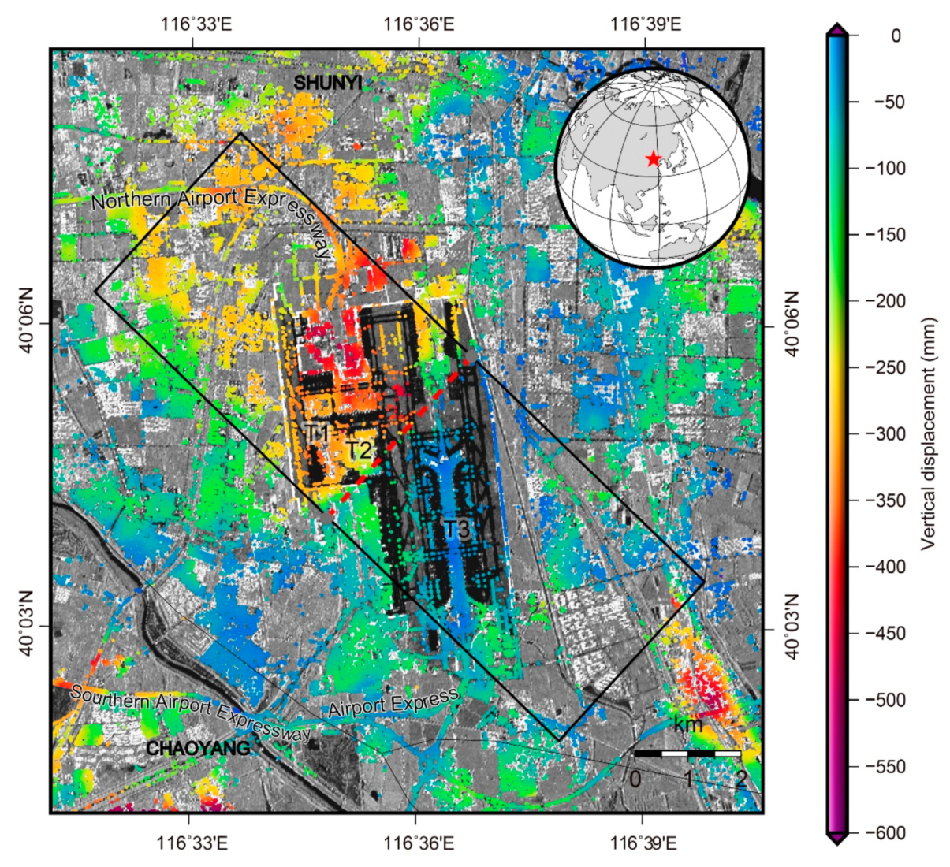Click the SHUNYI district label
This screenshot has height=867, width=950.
click(x=327, y=82)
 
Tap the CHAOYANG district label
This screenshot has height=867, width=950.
click(x=198, y=748)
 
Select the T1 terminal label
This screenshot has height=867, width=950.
click(x=317, y=433)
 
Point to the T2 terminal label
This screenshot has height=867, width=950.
click(x=359, y=450)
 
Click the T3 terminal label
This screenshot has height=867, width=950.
click(x=456, y=529)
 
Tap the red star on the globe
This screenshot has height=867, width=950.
click(x=653, y=159)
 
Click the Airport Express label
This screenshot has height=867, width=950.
click(x=393, y=702)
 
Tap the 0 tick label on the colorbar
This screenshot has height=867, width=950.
click(x=896, y=35)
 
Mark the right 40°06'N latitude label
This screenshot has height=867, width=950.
click(x=791, y=323)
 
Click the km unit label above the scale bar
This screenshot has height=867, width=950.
click(x=687, y=724)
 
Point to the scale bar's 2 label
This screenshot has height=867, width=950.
click(x=740, y=779)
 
